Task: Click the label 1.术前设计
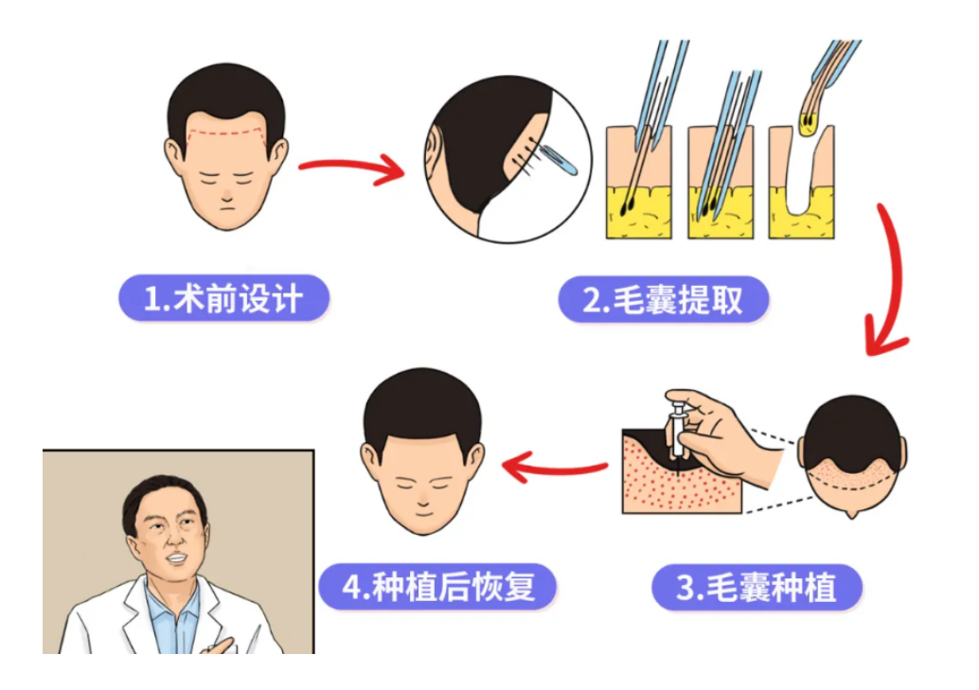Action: (223, 298)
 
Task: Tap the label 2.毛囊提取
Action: (663, 300)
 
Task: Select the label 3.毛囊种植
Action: (756, 588)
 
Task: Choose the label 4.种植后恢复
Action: (438, 587)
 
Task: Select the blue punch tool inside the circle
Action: (559, 160)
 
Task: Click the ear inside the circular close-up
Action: (432, 156)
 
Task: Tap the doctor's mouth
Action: (176, 558)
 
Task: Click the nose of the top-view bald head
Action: (851, 514)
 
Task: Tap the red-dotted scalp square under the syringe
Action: (682, 470)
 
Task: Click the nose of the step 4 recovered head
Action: (423, 500)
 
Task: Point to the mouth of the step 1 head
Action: (226, 208)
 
